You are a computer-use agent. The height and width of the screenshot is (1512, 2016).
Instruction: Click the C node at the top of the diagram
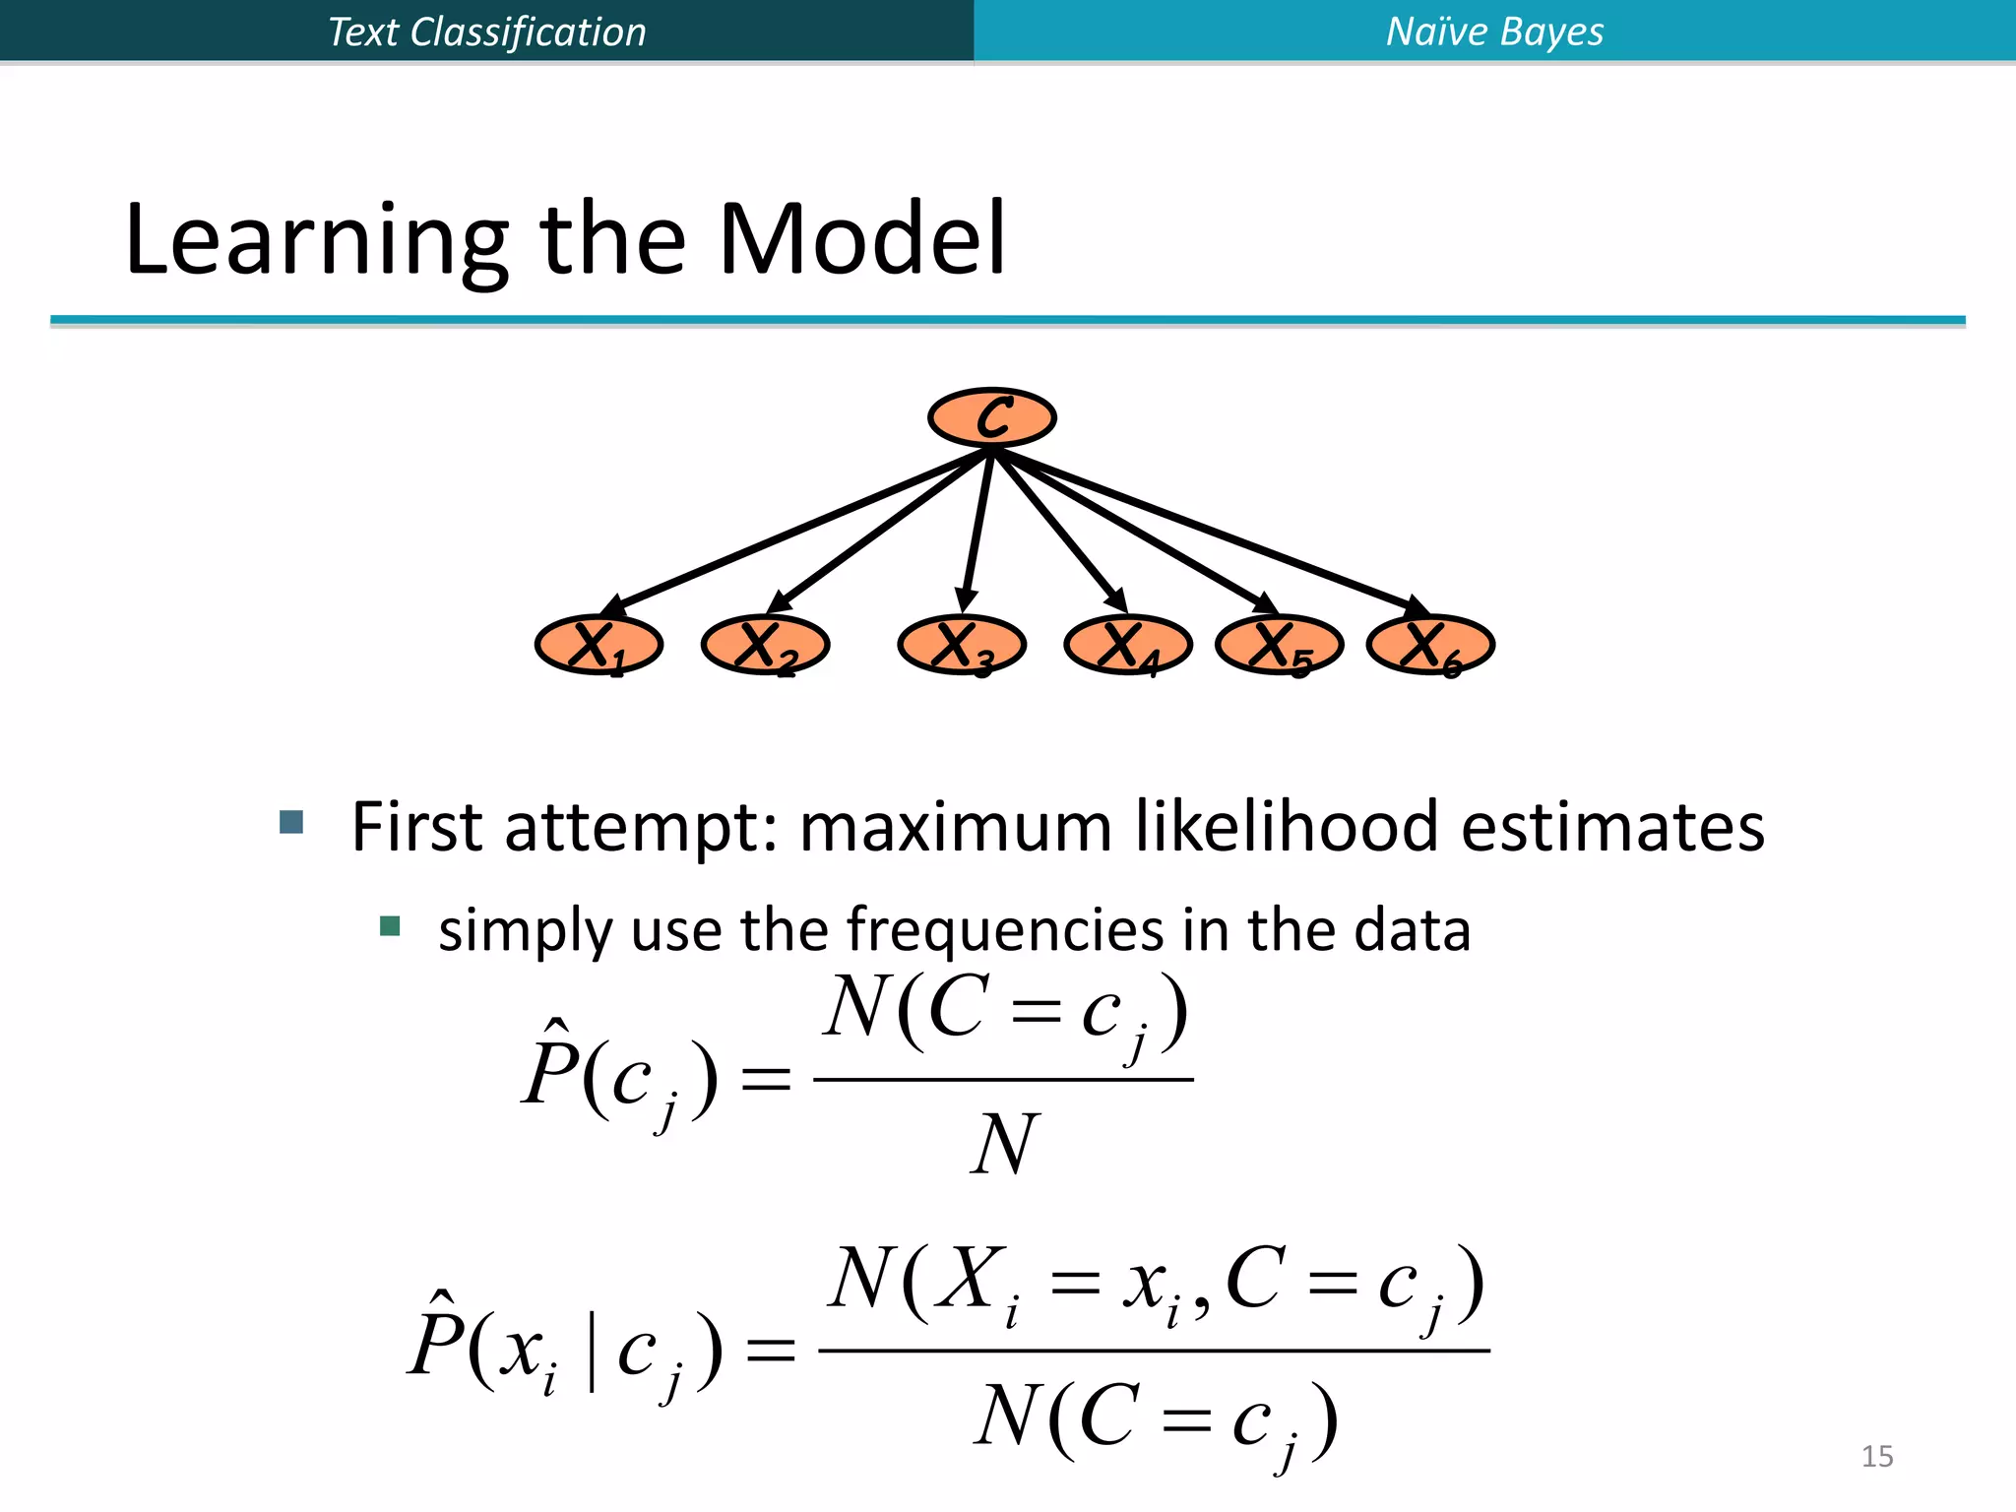click(x=992, y=417)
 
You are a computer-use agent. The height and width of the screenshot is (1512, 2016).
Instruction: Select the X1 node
click(x=598, y=646)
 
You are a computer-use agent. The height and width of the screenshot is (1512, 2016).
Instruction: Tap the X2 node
click(x=765, y=646)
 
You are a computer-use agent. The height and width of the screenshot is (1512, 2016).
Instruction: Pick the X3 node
click(x=962, y=646)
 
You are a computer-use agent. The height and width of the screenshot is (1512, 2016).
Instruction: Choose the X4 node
click(x=1128, y=646)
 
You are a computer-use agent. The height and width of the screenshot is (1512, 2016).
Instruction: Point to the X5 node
click(x=1280, y=646)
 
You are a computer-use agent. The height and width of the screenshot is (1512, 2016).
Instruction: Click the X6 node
click(x=1431, y=646)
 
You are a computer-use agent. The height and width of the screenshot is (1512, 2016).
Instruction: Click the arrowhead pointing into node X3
click(x=966, y=599)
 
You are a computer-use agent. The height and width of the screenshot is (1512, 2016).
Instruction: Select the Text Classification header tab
click(x=486, y=31)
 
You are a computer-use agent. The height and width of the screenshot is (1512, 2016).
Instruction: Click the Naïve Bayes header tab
click(x=1494, y=31)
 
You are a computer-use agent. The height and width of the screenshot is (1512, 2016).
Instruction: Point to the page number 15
click(x=1876, y=1456)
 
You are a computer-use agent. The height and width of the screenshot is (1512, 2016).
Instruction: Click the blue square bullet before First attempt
click(x=291, y=822)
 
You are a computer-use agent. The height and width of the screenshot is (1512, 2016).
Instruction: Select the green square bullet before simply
click(x=390, y=926)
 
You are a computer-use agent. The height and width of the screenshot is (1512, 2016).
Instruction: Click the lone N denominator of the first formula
click(x=1002, y=1144)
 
